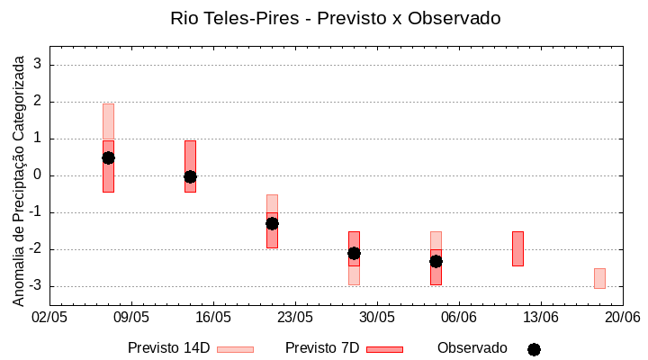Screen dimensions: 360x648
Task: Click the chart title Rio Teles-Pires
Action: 335,18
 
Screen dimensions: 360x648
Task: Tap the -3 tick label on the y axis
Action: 36,286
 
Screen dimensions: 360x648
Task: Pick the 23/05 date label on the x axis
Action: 294,318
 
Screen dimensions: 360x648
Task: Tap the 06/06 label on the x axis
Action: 458,318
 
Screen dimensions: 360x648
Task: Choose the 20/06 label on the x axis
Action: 622,318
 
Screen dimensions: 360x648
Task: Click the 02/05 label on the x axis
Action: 49,318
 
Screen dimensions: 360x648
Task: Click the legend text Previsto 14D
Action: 169,348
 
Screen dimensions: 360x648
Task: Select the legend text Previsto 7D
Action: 322,348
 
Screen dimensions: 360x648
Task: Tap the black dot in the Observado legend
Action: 534,349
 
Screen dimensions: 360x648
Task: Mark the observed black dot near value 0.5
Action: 108,157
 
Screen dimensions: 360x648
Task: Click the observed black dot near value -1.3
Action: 272,223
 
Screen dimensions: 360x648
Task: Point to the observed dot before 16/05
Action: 190,176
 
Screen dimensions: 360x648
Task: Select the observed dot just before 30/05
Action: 354,254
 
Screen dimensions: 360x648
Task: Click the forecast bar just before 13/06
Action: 517,248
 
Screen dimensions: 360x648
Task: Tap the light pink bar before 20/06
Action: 599,278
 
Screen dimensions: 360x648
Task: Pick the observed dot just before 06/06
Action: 436,261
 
